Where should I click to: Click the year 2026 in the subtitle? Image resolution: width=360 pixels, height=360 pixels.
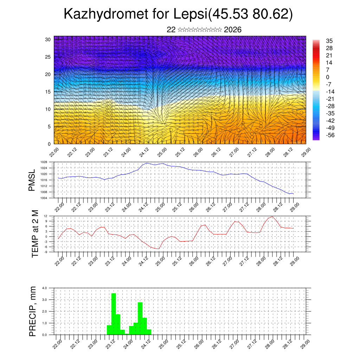[x=232, y=30]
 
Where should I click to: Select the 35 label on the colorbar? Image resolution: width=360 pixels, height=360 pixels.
[x=329, y=41]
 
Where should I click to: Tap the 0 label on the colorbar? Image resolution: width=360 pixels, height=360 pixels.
[x=328, y=77]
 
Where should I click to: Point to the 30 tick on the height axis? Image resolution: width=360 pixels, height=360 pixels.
[x=48, y=39]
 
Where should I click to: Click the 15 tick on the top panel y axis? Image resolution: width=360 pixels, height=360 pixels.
[x=48, y=92]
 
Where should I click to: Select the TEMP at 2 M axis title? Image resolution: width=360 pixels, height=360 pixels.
[x=35, y=234]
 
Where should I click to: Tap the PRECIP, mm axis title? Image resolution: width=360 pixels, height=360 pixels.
[x=33, y=311]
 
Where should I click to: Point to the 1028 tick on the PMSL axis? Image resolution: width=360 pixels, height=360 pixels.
[x=44, y=162]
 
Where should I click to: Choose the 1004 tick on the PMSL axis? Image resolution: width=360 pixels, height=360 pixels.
[x=44, y=198]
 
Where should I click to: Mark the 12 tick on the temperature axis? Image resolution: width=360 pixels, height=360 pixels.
[x=46, y=216]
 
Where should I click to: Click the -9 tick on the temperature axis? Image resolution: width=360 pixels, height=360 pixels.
[x=46, y=252]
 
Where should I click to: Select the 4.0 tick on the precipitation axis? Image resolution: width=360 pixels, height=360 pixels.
[x=45, y=288]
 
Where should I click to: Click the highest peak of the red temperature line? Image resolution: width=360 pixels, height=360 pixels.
[x=272, y=217]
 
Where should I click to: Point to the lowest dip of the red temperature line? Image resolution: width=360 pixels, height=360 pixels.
[x=159, y=249]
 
